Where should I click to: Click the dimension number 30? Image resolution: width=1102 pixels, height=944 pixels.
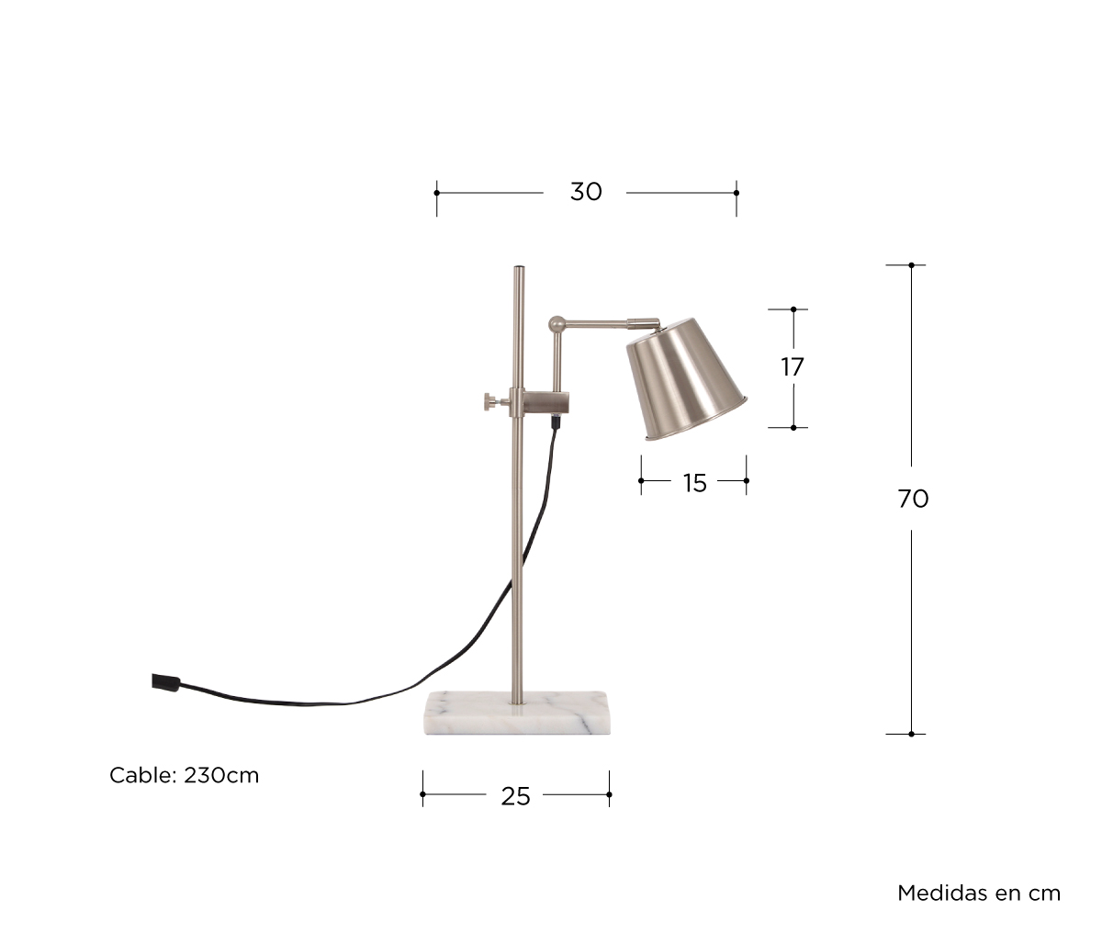tap(586, 192)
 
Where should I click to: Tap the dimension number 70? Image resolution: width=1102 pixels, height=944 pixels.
tap(913, 499)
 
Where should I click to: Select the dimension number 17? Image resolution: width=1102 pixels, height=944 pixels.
tap(793, 367)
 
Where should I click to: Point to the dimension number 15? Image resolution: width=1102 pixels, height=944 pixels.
tap(694, 483)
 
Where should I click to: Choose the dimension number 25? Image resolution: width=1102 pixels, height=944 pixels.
tap(515, 797)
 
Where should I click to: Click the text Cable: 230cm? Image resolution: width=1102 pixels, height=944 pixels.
tap(184, 776)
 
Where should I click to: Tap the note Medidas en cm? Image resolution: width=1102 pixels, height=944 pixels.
tap(979, 893)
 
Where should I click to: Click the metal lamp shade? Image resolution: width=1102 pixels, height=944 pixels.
tap(686, 379)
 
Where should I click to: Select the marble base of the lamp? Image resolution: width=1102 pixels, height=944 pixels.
tap(517, 713)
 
